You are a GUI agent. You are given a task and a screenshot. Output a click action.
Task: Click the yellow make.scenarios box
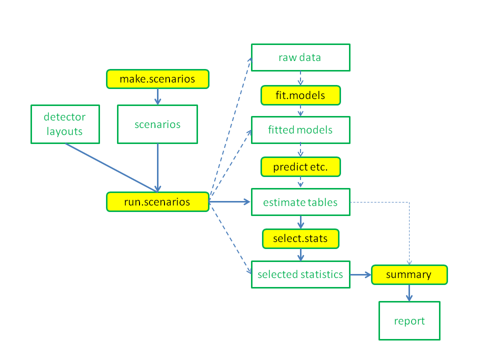pos(157,79)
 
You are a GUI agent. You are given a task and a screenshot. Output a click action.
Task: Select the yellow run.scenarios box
pos(157,202)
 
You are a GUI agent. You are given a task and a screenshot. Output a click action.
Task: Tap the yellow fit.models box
pos(300,95)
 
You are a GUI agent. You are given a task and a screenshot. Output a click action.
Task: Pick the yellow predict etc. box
pos(300,167)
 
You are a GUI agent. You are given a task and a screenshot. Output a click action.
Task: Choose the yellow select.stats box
pos(300,238)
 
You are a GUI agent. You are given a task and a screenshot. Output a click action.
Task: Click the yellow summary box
pos(409,274)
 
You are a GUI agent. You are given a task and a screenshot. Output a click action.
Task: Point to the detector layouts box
pos(65,124)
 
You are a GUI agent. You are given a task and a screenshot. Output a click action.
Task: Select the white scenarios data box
pos(157,124)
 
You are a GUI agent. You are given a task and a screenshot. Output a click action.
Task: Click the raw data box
pos(300,57)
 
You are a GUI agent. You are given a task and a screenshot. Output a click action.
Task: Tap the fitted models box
pos(300,130)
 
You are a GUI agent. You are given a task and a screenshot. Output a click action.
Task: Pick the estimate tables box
pos(300,202)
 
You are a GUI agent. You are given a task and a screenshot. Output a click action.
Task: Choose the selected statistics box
pos(300,274)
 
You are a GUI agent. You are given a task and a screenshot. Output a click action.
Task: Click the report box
pos(409,320)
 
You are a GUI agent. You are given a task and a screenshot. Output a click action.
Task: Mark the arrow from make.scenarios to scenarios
pos(157,96)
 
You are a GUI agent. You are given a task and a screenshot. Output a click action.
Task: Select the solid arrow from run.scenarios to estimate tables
pos(230,202)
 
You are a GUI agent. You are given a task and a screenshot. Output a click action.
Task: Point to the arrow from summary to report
pos(409,293)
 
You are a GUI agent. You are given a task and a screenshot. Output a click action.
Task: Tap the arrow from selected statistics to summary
pos(360,274)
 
